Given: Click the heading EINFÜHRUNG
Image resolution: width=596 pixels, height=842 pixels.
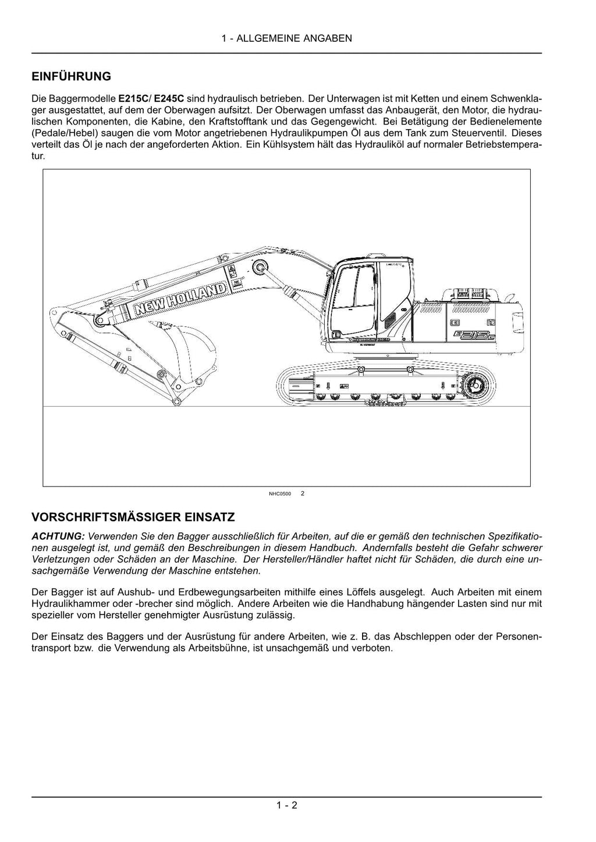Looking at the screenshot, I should pos(71,76).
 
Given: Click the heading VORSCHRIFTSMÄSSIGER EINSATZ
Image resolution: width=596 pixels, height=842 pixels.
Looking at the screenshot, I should pos(133,517).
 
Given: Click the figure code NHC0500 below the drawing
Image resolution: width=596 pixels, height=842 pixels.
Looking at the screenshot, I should pos(280,494).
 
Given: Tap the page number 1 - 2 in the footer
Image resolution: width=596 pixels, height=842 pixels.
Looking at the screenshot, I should pos(287,805).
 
